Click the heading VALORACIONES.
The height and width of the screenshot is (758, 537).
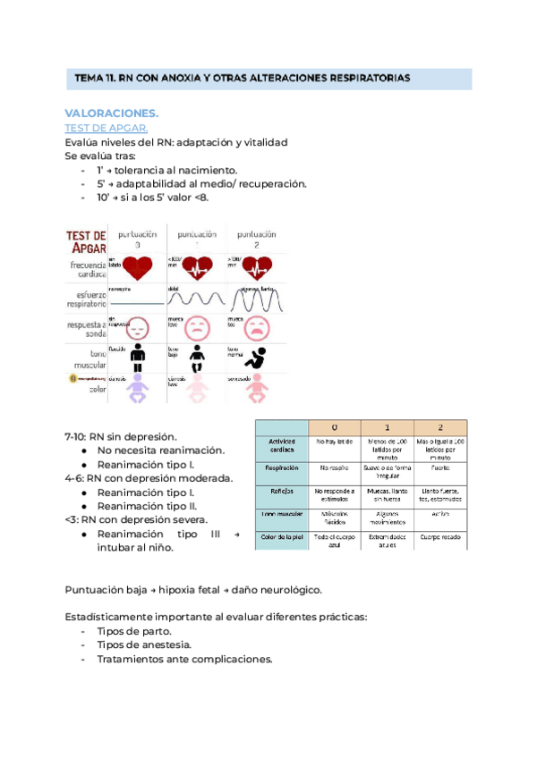point(111,114)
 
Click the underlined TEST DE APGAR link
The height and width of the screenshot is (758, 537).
point(107,128)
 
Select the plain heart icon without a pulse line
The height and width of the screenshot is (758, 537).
point(138,266)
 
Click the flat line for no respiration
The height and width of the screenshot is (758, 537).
point(136,304)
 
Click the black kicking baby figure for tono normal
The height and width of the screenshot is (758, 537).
point(255,359)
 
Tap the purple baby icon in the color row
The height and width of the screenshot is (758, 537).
point(138,389)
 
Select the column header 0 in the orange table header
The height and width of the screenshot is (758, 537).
point(334,427)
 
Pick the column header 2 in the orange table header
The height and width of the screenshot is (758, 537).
point(439,427)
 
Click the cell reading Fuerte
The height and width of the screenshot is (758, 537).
point(439,467)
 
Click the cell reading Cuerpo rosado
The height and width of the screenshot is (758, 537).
point(439,535)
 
